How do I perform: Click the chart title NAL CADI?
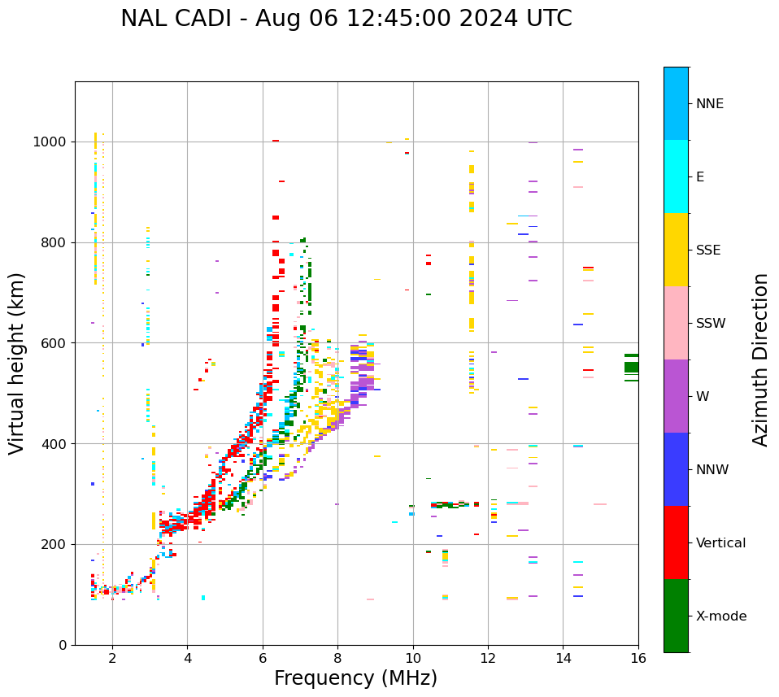[x=346, y=19]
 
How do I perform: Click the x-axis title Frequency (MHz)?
[x=355, y=678]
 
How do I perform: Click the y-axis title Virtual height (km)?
[x=17, y=363]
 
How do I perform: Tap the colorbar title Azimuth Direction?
[x=760, y=359]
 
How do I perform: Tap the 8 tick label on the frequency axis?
[x=337, y=658]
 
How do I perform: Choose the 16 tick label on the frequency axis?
[x=638, y=658]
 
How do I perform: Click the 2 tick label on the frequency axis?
[x=112, y=658]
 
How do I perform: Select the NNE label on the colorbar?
[x=709, y=104]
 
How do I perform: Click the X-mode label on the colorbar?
[x=720, y=616]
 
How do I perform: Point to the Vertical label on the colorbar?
[x=720, y=543]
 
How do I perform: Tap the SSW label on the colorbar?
[x=710, y=324]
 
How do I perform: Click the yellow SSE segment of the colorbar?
[x=676, y=250]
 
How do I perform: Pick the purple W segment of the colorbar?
[x=676, y=396]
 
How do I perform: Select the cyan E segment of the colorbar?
[x=676, y=176]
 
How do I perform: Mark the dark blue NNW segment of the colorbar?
[x=676, y=469]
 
